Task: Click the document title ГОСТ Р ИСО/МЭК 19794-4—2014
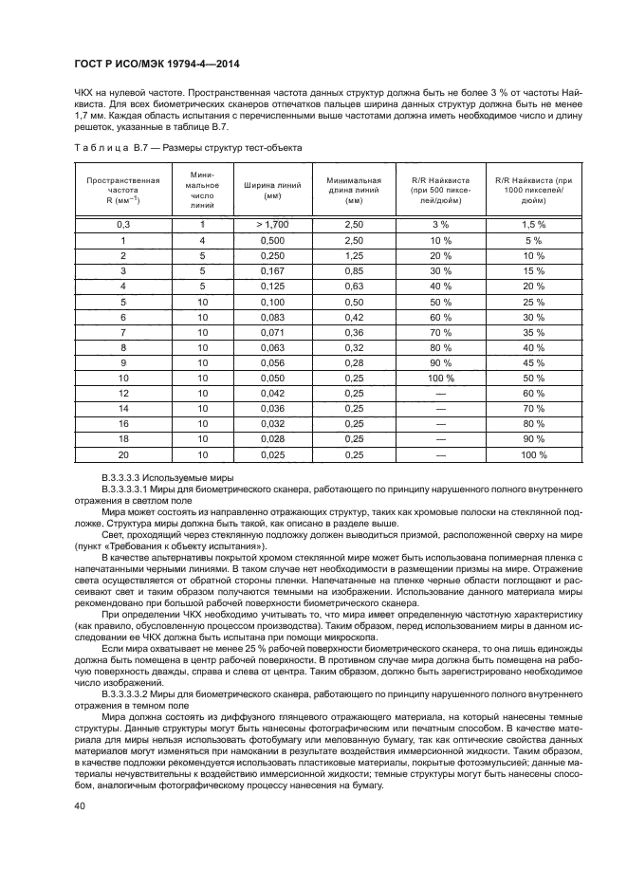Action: click(157, 64)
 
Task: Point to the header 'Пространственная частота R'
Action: click(122, 190)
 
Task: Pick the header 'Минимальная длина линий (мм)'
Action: click(354, 190)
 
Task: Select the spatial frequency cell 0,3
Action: click(122, 225)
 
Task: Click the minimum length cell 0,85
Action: click(354, 270)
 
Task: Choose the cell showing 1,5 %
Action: click(533, 225)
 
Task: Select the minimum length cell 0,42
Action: click(354, 317)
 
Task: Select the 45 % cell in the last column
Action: click(533, 362)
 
